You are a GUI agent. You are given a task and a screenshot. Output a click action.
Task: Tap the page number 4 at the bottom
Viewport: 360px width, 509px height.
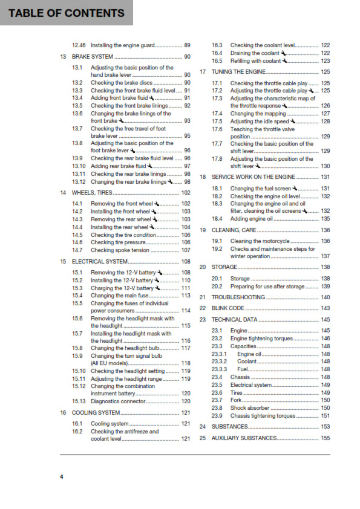(61, 478)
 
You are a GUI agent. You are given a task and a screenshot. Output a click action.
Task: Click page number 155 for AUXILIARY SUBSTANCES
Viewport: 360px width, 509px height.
(326, 438)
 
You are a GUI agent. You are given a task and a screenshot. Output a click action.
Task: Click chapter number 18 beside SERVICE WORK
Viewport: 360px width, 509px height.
(203, 177)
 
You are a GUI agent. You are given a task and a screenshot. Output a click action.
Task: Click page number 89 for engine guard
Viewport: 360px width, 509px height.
(188, 45)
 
